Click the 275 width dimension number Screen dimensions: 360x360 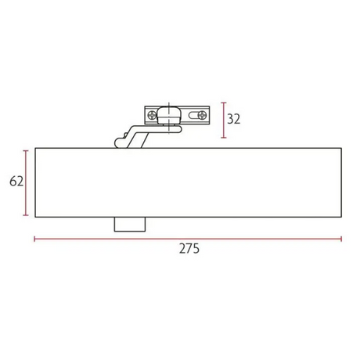click(189, 248)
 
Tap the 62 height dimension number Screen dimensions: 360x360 click(16, 182)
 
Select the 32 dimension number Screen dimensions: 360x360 click(233, 119)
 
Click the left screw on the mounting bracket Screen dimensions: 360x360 click(152, 115)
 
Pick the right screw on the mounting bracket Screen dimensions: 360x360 click(202, 115)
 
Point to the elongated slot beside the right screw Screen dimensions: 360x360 click(193, 115)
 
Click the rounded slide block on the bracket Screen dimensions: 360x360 click(168, 114)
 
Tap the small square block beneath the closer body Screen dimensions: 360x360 click(130, 224)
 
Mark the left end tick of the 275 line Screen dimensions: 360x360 click(34, 239)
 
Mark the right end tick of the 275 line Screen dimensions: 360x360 click(341, 239)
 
